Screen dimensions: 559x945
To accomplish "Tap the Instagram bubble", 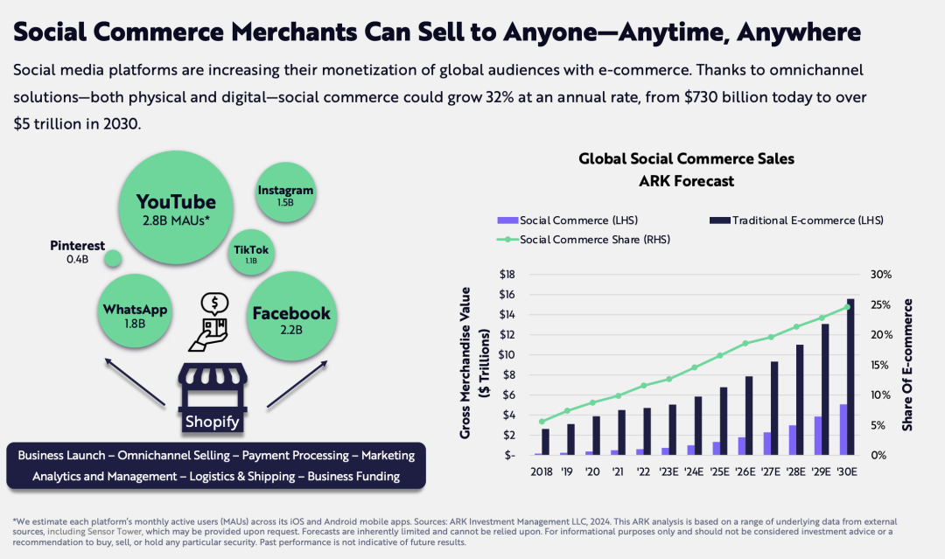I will [x=285, y=190].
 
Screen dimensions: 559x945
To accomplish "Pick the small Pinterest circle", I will [x=113, y=259].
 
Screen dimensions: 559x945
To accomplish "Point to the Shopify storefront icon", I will [x=213, y=398].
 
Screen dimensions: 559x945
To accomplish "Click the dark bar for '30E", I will [x=850, y=376].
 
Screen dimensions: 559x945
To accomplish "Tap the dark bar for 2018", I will [x=546, y=441].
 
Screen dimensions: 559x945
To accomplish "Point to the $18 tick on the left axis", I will [x=507, y=275].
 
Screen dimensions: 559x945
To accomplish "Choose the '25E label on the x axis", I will [x=719, y=472].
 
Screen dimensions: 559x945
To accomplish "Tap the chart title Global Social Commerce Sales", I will [x=686, y=159].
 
